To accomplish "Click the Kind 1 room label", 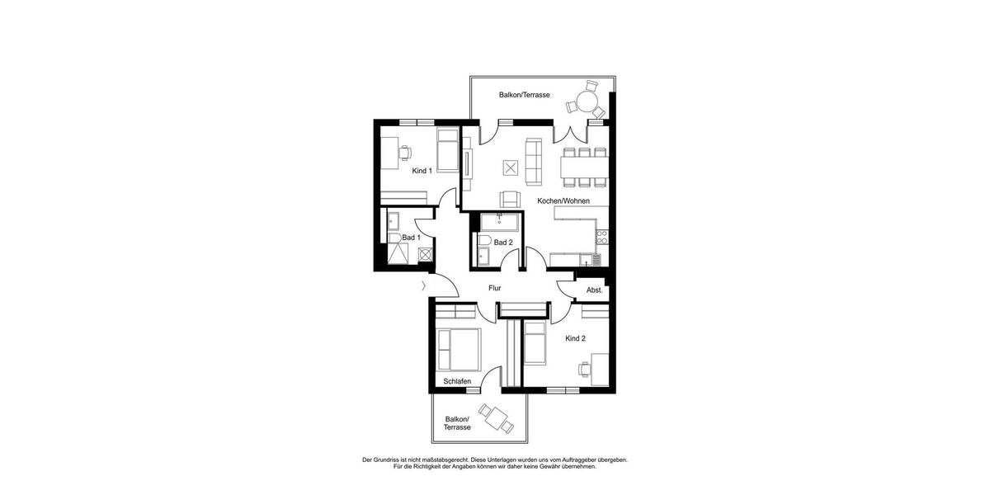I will [x=422, y=171].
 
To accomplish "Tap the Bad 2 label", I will [x=503, y=243].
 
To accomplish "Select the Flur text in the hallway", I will [x=495, y=288].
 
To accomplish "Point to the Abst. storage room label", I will [x=594, y=290].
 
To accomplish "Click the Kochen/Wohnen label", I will [x=563, y=200].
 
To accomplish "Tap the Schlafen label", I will [x=457, y=381].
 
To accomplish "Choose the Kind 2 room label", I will [x=576, y=339].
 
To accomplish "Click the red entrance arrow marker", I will [x=423, y=287].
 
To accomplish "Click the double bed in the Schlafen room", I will [x=459, y=349].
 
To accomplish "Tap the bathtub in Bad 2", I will [x=499, y=222].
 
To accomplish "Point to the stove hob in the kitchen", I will [x=602, y=237].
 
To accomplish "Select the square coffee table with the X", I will [x=511, y=168].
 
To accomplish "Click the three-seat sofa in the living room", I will [x=532, y=161].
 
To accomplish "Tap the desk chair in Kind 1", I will [x=405, y=152].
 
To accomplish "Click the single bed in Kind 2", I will [x=535, y=342].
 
